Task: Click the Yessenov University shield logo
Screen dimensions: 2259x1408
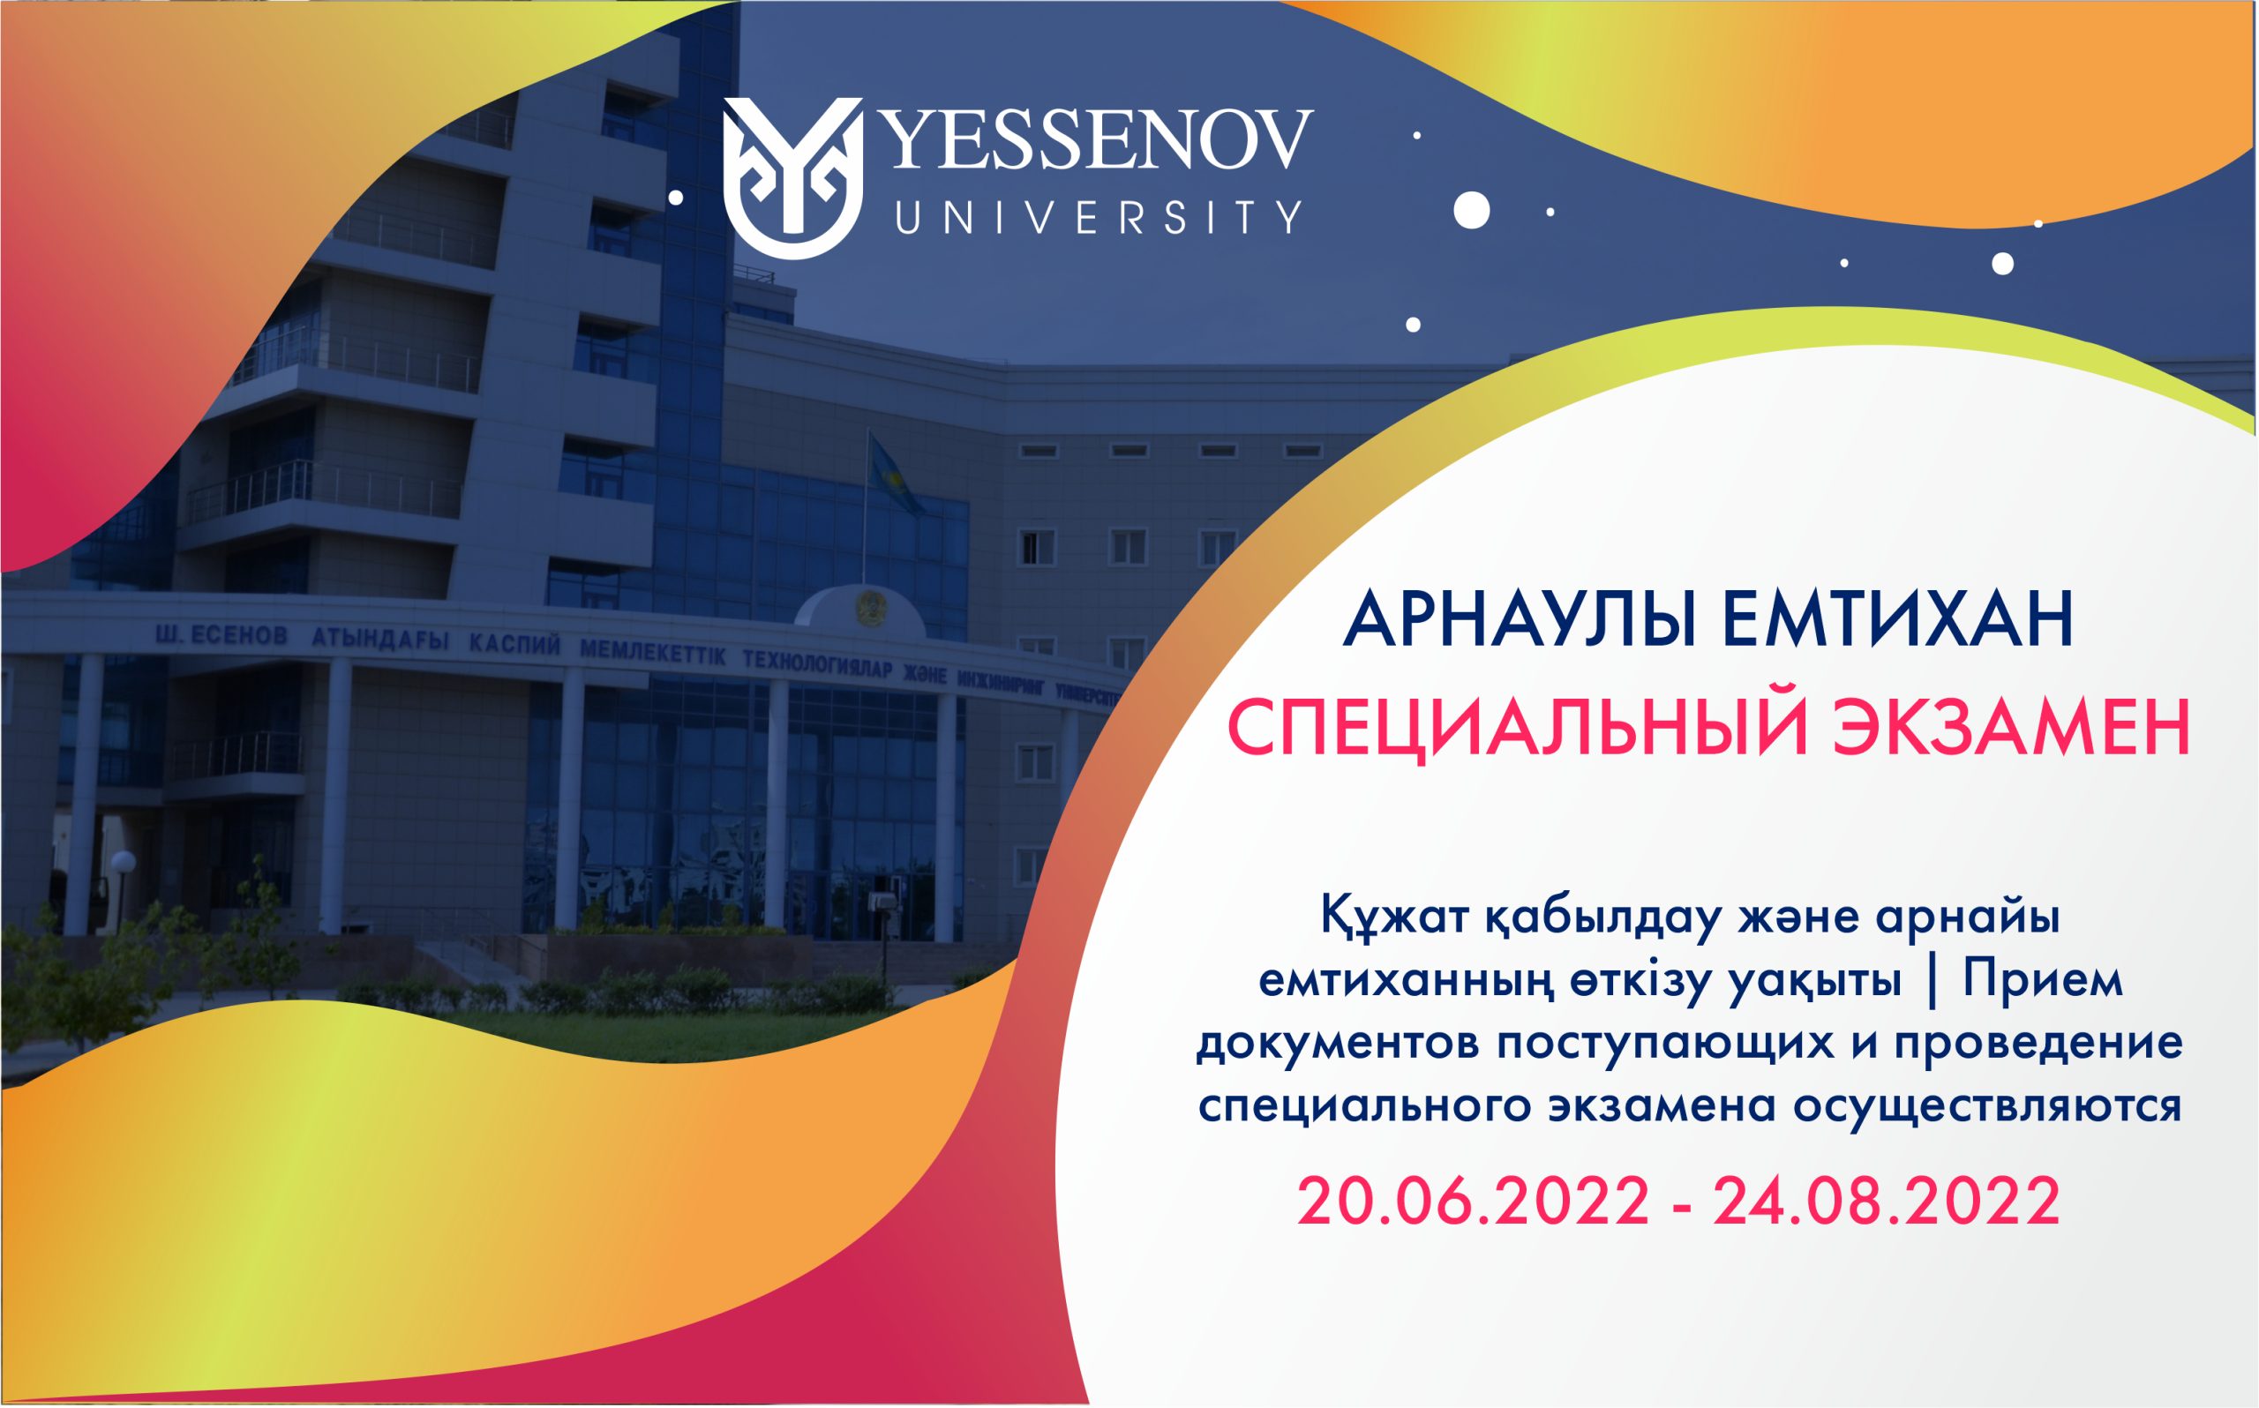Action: coord(792,177)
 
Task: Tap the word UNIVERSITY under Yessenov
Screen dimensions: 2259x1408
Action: coord(1097,216)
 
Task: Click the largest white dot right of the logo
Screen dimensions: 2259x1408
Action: coord(1471,210)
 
